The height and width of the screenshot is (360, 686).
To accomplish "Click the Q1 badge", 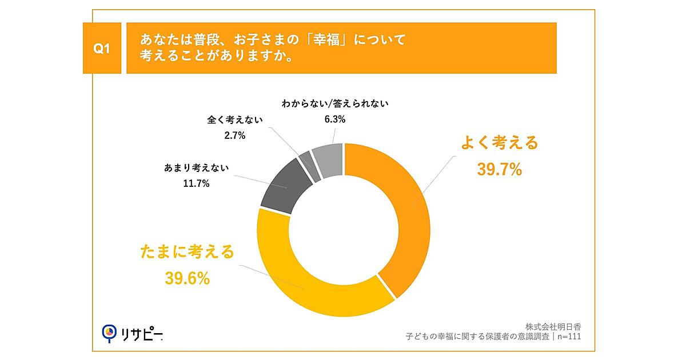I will pyautogui.click(x=101, y=49).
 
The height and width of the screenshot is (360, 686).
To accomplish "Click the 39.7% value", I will pyautogui.click(x=499, y=169).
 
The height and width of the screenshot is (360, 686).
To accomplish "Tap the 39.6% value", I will pyautogui.click(x=188, y=278).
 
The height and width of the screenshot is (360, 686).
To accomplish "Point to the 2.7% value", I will pyautogui.click(x=234, y=135).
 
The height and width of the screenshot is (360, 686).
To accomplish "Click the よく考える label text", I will pyautogui.click(x=500, y=143).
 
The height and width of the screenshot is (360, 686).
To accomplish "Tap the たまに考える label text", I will pyautogui.click(x=188, y=252).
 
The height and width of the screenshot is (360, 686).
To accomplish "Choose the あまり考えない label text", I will pyautogui.click(x=196, y=168).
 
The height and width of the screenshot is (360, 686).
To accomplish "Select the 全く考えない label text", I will pyautogui.click(x=235, y=121).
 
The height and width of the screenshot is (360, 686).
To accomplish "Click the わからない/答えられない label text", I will pyautogui.click(x=335, y=104).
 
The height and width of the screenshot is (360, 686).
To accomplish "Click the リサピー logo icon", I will pyautogui.click(x=109, y=333).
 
